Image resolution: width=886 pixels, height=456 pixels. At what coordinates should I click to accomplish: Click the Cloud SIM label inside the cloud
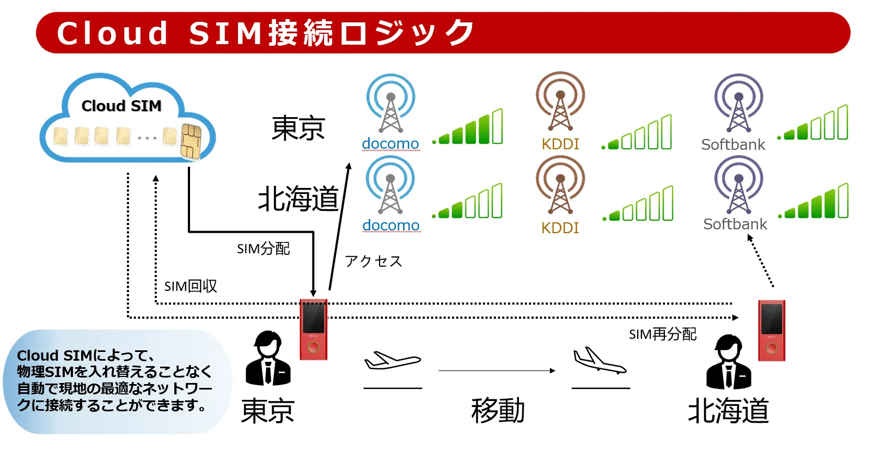coord(121,106)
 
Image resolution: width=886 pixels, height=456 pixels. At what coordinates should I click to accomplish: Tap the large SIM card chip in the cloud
coord(191,141)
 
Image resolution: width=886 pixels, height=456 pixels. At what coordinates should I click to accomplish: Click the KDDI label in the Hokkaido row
coord(560,228)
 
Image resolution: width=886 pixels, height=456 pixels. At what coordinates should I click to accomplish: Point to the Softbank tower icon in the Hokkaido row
coord(738,186)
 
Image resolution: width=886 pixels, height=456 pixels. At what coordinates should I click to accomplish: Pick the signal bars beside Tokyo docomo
coord(468,127)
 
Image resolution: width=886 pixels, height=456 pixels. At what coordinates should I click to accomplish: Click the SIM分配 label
coord(263,249)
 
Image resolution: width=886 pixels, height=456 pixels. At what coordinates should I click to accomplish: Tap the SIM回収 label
coord(191,286)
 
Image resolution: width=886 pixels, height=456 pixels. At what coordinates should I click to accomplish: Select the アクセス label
coord(374,262)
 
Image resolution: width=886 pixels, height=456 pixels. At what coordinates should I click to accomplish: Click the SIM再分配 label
coord(662,334)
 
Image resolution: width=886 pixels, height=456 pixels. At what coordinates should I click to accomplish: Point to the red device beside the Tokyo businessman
coord(314,329)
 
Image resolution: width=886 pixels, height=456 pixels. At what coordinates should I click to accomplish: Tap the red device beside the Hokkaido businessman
coord(772,330)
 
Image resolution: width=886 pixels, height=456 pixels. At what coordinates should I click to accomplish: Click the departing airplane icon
coord(392,361)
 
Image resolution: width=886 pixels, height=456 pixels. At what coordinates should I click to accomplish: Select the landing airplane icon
coord(599,361)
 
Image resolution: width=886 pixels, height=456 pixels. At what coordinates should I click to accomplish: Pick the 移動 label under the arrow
coord(498,411)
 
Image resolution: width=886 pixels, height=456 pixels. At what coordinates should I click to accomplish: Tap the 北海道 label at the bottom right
coord(728,411)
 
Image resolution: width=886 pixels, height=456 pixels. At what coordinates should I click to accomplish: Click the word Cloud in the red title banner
coord(113,33)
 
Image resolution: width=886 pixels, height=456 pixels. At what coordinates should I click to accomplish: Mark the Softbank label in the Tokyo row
coord(733,145)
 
